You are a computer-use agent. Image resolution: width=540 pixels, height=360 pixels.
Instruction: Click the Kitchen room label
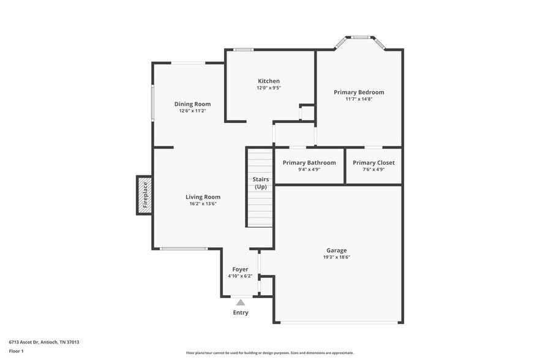[x=269, y=81]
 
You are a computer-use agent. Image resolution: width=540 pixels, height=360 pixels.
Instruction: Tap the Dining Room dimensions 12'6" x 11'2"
[x=192, y=111]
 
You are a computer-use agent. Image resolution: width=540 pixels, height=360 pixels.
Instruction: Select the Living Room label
[x=203, y=197]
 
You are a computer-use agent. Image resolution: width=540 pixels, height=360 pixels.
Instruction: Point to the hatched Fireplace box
[x=144, y=195]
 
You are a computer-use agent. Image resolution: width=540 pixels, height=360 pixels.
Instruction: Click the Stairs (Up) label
[x=260, y=182]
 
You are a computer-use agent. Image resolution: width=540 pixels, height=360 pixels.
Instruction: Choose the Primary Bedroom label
[x=359, y=92]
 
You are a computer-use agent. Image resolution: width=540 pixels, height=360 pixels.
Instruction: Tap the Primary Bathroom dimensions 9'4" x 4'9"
[x=309, y=170]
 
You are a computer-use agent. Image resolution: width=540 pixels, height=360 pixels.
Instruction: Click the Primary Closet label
[x=373, y=162]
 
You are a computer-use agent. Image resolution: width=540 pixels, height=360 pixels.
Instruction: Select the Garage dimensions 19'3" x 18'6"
[x=336, y=257]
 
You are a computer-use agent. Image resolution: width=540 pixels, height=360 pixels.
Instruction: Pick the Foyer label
[x=240, y=269]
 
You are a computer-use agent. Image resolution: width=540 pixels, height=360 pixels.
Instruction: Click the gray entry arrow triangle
[x=241, y=302]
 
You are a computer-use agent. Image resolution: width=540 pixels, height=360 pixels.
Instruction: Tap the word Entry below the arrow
[x=241, y=313]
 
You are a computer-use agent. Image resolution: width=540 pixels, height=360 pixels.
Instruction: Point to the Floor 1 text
[x=17, y=351]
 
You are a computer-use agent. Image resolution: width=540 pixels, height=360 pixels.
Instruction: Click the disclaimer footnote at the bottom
[x=269, y=353]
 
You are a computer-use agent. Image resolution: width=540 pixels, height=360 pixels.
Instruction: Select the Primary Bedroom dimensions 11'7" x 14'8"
[x=359, y=99]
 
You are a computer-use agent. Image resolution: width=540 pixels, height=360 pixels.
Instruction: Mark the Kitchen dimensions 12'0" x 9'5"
[x=269, y=88]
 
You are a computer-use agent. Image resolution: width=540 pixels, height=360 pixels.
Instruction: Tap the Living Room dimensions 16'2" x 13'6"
[x=203, y=203]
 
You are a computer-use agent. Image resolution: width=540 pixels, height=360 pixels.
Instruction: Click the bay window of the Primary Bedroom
[x=359, y=38]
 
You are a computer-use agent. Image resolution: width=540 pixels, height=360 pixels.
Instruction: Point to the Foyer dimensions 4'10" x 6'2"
[x=240, y=276]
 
